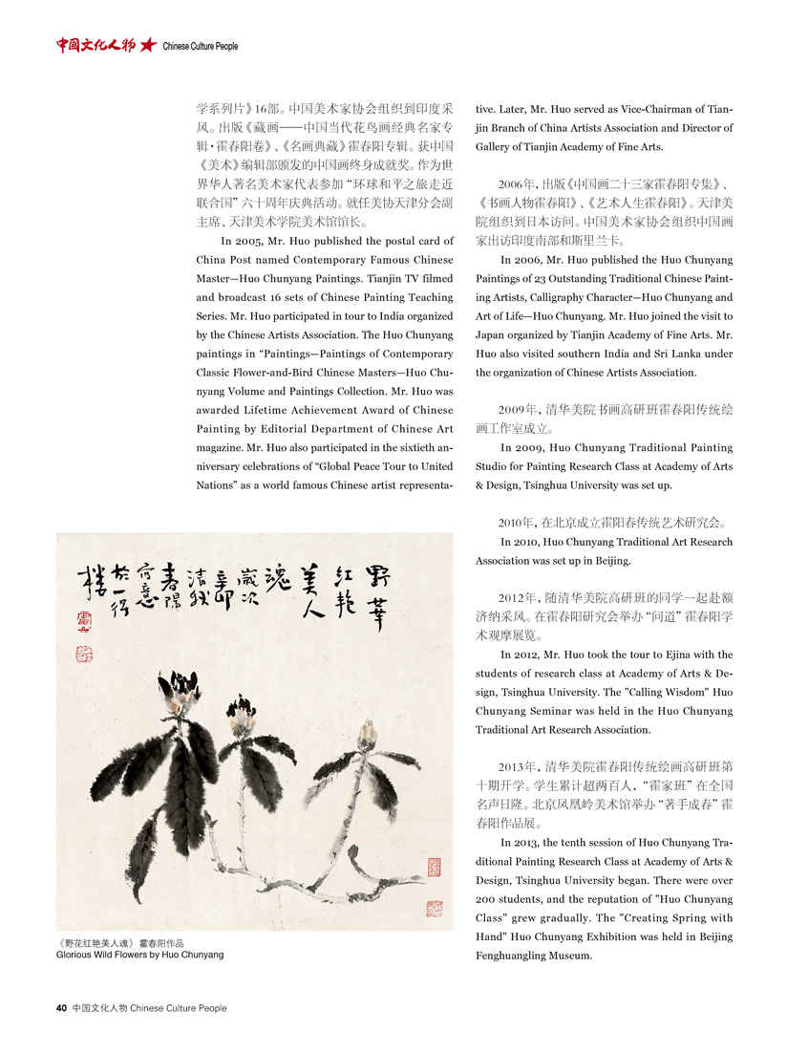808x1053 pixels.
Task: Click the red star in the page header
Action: (147, 45)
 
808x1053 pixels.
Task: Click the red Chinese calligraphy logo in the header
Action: (95, 45)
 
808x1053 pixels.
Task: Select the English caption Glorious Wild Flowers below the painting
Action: (140, 955)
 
